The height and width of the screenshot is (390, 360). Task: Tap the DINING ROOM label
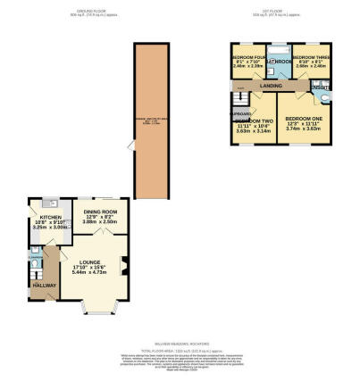[101, 212]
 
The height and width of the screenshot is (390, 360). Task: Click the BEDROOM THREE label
[309, 56]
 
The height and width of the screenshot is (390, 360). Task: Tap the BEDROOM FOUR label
[247, 56]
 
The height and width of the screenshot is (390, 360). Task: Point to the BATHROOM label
[278, 62]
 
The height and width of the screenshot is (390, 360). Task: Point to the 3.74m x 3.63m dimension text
[303, 129]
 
